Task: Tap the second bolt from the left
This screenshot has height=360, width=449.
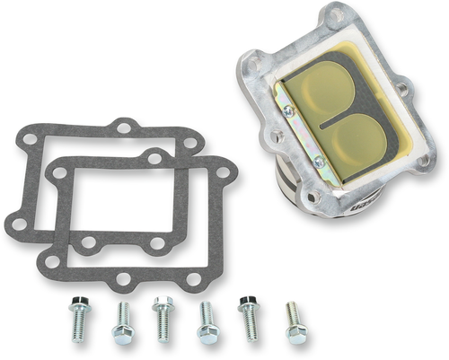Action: [x=121, y=323]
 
